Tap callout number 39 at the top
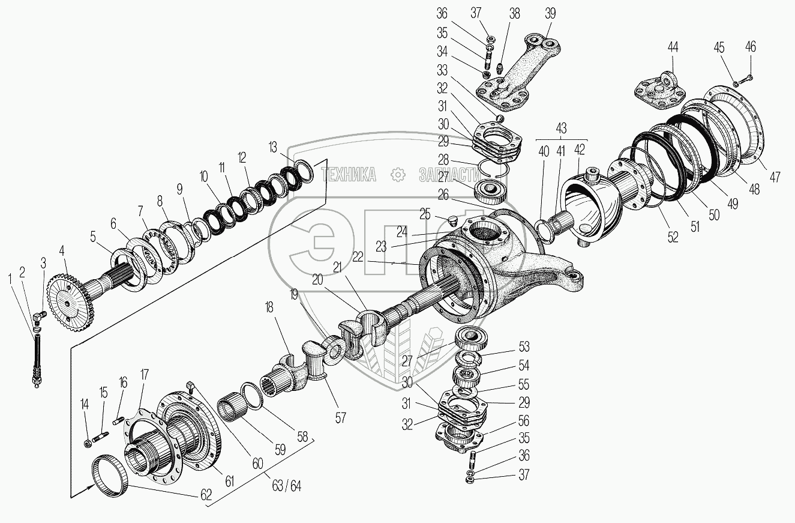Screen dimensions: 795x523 pos(551,13)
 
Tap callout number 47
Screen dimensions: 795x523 pos(776,177)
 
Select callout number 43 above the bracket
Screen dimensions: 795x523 pos(561,128)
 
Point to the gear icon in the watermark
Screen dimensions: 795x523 pos(398,175)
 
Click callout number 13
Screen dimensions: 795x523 pos(273,148)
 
